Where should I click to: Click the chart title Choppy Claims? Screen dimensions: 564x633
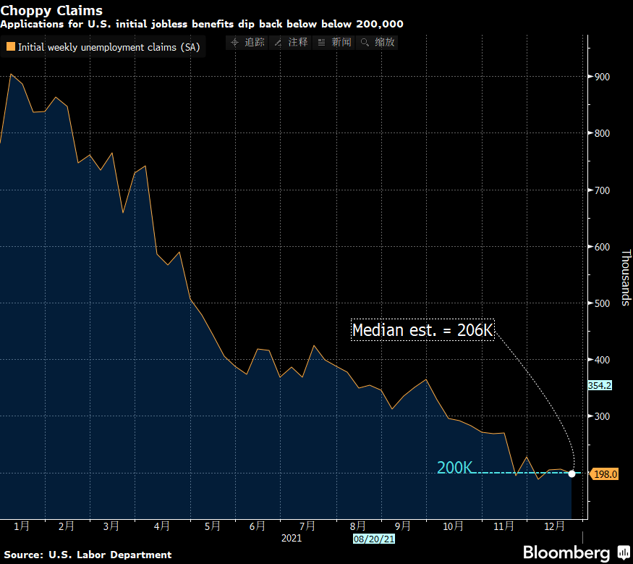pyautogui.click(x=51, y=11)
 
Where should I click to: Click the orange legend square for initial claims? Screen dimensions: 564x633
pyautogui.click(x=10, y=47)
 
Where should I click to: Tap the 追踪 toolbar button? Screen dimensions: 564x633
pyautogui.click(x=248, y=43)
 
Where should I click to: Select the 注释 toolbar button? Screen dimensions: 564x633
pyautogui.click(x=292, y=43)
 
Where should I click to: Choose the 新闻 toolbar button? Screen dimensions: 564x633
pyautogui.click(x=335, y=43)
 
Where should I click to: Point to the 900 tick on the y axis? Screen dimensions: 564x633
pyautogui.click(x=602, y=77)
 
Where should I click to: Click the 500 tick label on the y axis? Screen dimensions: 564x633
pyautogui.click(x=602, y=303)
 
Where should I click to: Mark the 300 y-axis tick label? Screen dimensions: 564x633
pyautogui.click(x=602, y=416)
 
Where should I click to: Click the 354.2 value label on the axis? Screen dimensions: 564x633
pyautogui.click(x=600, y=386)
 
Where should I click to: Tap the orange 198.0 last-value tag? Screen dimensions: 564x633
pyautogui.click(x=604, y=474)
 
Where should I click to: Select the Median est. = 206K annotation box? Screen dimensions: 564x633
pyautogui.click(x=422, y=330)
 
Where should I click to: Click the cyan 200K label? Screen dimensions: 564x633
pyautogui.click(x=454, y=468)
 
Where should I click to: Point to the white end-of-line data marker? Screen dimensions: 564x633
pyautogui.click(x=572, y=473)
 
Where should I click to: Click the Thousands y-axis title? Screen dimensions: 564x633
pyautogui.click(x=626, y=277)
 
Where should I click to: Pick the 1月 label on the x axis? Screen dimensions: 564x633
pyautogui.click(x=22, y=526)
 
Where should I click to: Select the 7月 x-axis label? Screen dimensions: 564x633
pyautogui.click(x=307, y=526)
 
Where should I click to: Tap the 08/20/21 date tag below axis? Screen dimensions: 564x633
pyautogui.click(x=373, y=539)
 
